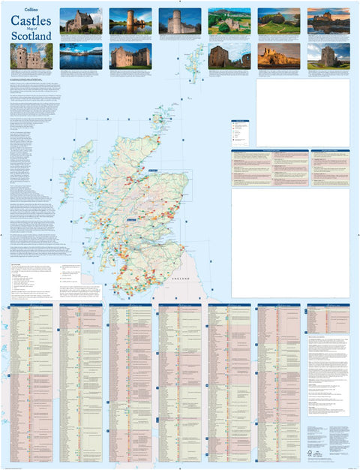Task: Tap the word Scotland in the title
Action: click(31, 35)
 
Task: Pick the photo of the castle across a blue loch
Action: click(81, 56)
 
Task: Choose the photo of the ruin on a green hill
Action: click(229, 20)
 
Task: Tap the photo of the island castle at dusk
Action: click(328, 20)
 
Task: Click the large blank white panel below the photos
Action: click(302, 113)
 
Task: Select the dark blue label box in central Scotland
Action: click(131, 218)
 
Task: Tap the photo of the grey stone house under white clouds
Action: click(180, 20)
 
